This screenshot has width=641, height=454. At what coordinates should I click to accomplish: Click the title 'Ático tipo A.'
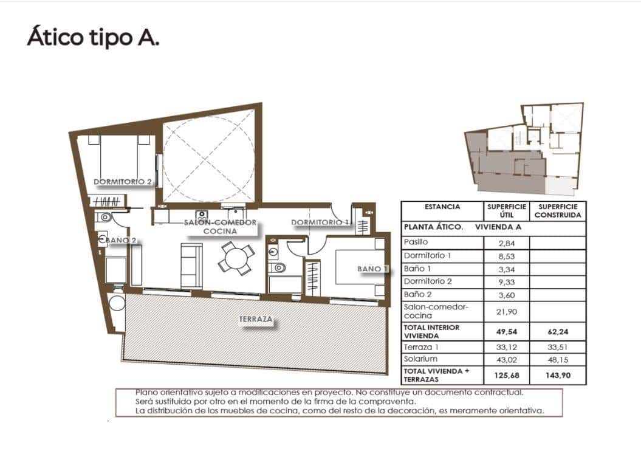click(93, 37)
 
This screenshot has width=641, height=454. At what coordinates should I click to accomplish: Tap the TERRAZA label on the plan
click(255, 319)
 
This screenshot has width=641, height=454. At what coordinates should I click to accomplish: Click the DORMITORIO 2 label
click(123, 182)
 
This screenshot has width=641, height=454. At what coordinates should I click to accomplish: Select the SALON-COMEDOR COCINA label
click(220, 227)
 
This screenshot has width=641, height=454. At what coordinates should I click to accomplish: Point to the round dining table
click(235, 258)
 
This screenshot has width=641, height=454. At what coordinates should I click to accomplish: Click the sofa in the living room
click(191, 266)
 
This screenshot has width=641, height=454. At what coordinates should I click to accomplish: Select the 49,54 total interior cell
click(506, 332)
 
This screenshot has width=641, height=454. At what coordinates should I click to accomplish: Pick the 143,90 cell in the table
click(558, 376)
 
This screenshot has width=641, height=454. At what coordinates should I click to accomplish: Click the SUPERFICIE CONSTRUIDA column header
click(558, 211)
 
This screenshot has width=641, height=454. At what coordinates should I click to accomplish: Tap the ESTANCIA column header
click(442, 207)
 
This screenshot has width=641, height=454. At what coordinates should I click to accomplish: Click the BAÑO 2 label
click(120, 240)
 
